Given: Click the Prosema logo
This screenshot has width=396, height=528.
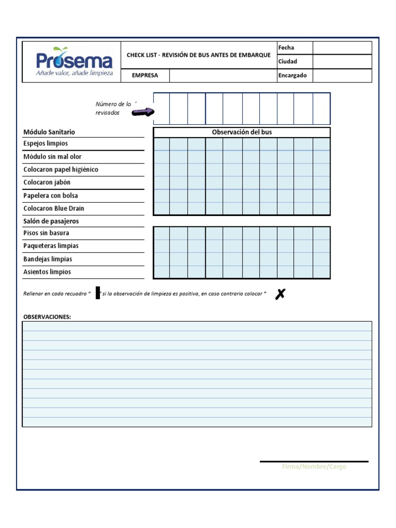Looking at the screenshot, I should coord(74,62).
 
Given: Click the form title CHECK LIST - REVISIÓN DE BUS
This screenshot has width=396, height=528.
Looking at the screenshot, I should coord(199,55).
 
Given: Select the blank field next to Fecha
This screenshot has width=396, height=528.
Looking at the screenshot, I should coord(342,48).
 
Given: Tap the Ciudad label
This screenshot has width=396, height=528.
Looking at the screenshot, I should coord(288,62).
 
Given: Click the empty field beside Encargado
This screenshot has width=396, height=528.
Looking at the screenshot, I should coord(342,76).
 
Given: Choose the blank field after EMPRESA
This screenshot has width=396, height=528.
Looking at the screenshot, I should coord(223,76).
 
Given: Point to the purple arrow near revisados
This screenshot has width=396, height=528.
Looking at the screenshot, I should coord(143,112).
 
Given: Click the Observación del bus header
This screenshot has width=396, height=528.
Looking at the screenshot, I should coord(242,133).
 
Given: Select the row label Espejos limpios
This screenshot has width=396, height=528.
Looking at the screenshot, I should coord(46,144).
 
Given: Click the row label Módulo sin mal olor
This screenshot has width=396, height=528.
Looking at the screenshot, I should coord(53,157).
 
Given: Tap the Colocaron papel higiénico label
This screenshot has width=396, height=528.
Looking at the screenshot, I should coord(61,170).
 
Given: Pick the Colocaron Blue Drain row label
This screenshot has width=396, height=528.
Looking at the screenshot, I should coord(54,209).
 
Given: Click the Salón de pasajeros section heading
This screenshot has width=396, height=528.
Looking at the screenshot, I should coord(51,221).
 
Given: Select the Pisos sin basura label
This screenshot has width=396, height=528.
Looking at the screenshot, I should coord(46,233).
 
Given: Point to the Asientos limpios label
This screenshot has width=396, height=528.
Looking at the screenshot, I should coord(47,272).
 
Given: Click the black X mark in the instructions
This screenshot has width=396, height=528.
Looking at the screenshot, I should coord(280,294).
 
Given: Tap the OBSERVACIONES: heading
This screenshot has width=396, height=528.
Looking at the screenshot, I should coord(47,317).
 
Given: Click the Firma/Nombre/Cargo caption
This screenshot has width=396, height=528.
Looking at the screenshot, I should coord(314,467).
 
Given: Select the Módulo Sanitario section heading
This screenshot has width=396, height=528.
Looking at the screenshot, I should coord(49,133).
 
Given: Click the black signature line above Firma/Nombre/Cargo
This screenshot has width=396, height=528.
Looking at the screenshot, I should coord(314,461).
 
